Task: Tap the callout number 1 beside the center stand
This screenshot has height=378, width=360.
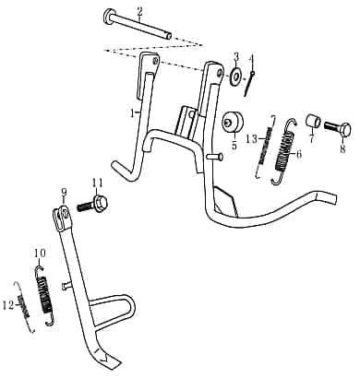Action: click(x=132, y=112)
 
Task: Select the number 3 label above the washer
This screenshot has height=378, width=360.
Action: click(x=235, y=57)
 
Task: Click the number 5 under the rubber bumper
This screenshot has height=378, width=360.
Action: click(x=234, y=144)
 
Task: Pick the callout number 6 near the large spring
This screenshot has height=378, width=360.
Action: click(x=297, y=155)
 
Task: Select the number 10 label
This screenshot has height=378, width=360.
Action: click(x=39, y=252)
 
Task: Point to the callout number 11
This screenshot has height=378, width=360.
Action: click(x=97, y=182)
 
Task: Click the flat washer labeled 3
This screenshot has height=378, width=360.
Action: click(x=236, y=76)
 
